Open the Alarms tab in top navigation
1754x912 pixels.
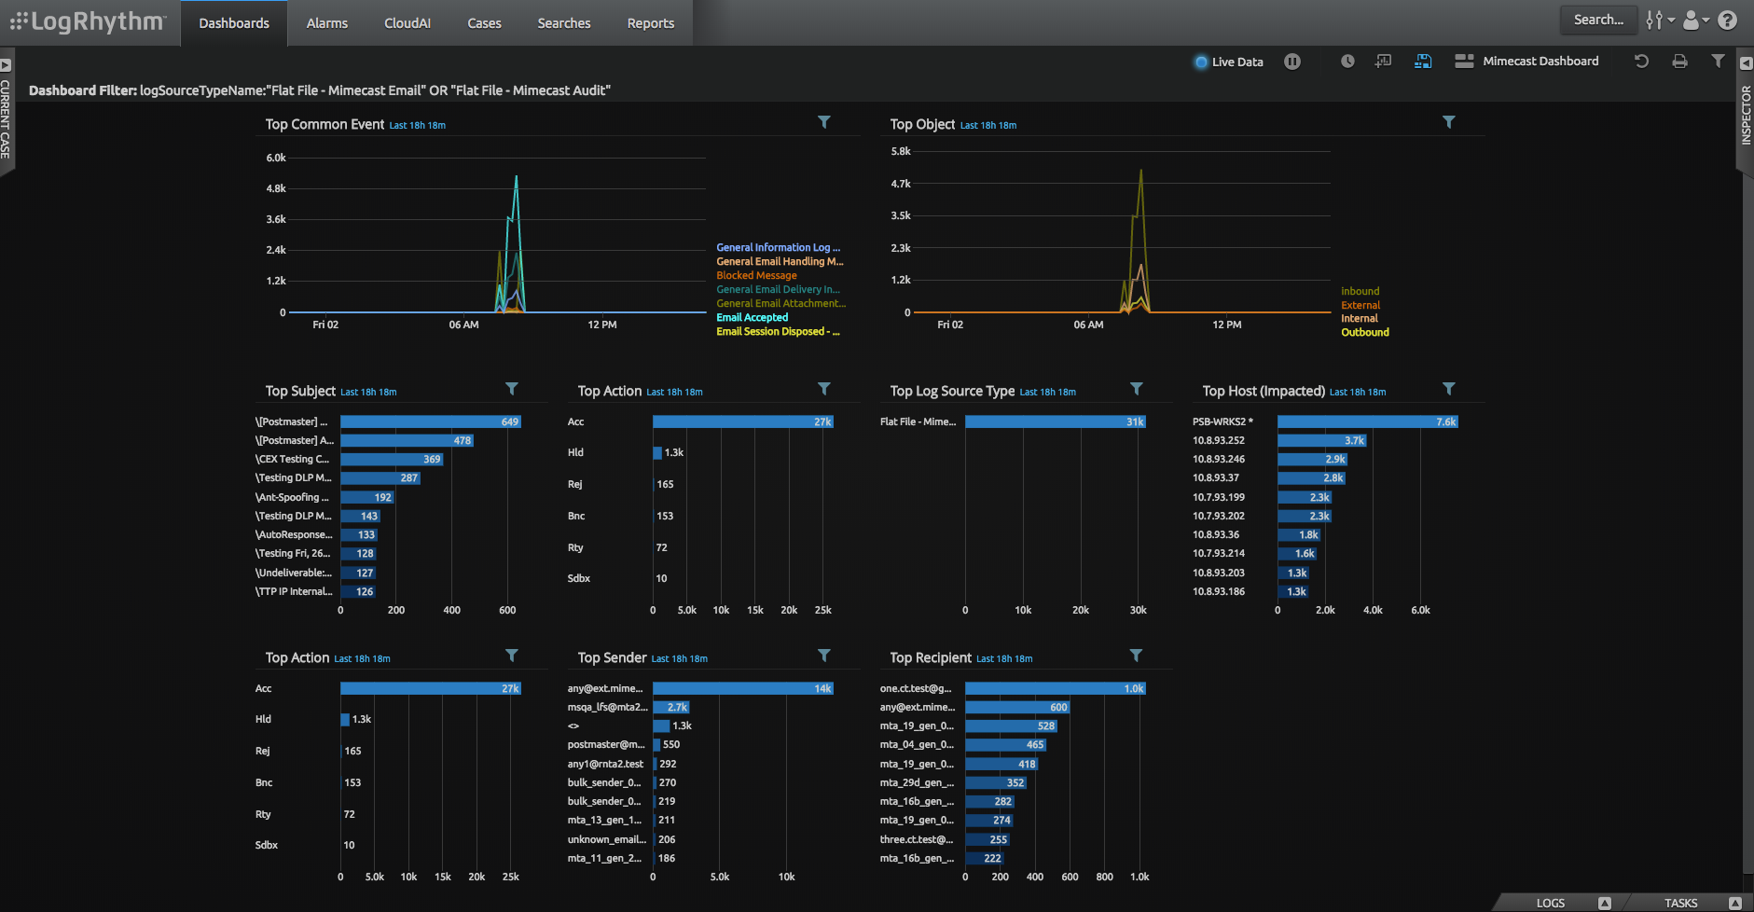coord(326,23)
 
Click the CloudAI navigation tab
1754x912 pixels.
coord(407,23)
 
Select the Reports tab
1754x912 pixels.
coord(650,23)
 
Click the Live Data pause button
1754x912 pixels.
coord(1291,62)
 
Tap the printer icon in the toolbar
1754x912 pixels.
coord(1679,62)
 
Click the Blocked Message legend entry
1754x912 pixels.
coord(756,276)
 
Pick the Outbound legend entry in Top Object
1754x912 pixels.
coord(1364,333)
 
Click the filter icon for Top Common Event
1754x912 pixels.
coord(823,122)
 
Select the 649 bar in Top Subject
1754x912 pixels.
coord(430,422)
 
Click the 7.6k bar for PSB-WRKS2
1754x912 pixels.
coord(1366,422)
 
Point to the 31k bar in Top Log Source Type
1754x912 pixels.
coord(1054,422)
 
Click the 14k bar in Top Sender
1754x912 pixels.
coord(741,689)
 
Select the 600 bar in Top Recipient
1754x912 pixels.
coord(1016,708)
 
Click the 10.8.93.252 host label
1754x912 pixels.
coord(1218,441)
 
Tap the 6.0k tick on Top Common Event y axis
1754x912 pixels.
coord(276,159)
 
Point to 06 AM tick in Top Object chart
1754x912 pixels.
coord(1088,325)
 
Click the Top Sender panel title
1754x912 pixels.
coord(612,658)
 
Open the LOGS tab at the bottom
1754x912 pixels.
coord(1550,903)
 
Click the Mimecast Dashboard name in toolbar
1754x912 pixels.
coord(1540,62)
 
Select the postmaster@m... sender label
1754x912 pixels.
coord(605,745)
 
